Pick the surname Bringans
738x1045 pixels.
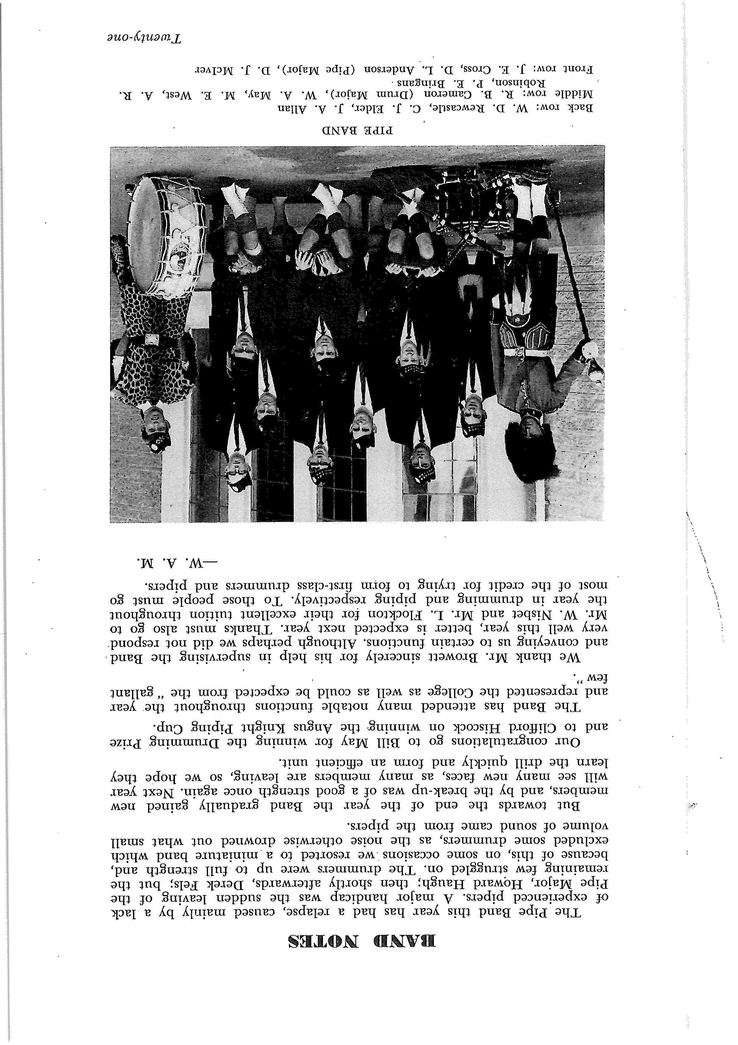coord(417,84)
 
